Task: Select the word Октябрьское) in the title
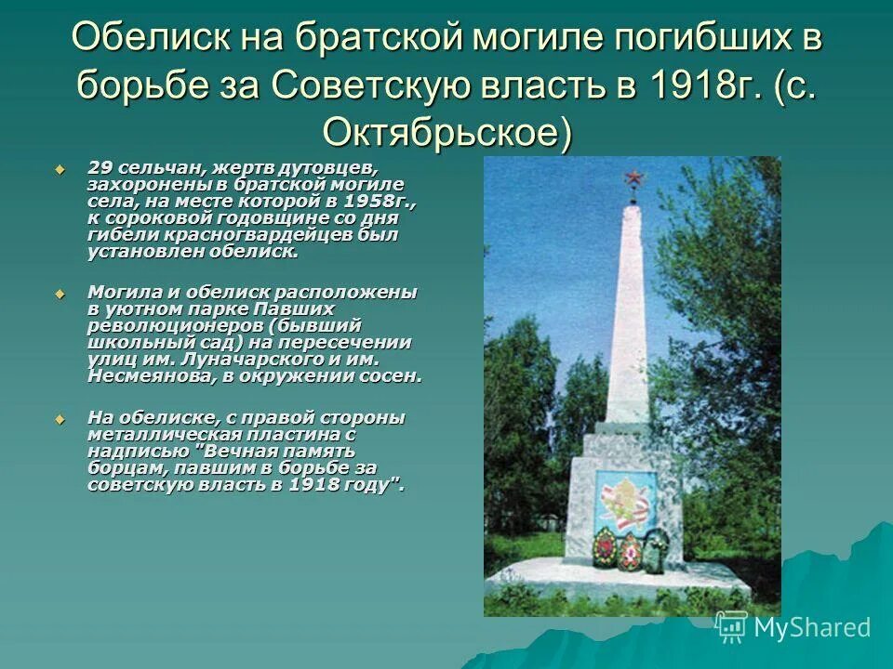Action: tap(446, 133)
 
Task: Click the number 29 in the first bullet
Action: tap(100, 167)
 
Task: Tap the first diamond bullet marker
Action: tap(60, 168)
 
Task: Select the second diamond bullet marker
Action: tap(60, 293)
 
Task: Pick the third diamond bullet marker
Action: tap(60, 418)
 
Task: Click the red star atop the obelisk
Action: tap(633, 177)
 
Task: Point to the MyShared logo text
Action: tap(812, 627)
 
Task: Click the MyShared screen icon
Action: tap(732, 627)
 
